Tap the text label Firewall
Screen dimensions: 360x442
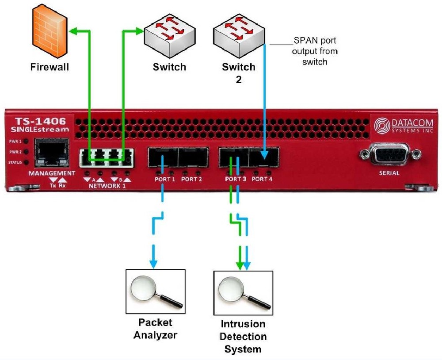coord(50,68)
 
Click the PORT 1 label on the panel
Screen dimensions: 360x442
coord(165,179)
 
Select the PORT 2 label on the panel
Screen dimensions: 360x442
coord(191,179)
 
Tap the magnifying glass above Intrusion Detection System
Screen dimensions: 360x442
coord(243,291)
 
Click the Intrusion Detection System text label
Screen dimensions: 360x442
coord(243,337)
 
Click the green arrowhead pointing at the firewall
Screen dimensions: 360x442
coord(76,31)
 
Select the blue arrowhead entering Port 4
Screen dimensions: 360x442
coord(265,155)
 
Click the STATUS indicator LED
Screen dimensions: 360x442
coord(27,162)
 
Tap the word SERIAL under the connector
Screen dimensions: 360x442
coord(389,173)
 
